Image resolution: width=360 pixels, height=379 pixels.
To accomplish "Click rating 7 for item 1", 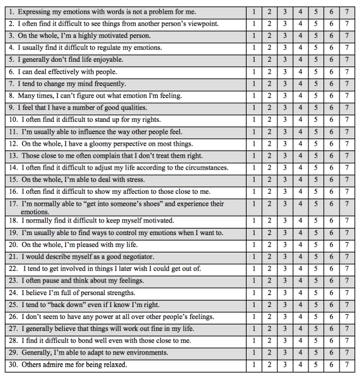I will tap(346, 12).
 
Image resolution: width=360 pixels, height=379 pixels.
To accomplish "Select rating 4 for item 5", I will tap(300, 60).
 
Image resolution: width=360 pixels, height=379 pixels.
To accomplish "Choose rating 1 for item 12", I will tap(254, 144).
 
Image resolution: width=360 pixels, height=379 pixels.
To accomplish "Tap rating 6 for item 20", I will tap(331, 245).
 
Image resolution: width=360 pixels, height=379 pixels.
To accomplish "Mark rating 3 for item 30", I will tap(285, 365).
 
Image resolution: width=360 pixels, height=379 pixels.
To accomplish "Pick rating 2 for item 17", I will tap(269, 204).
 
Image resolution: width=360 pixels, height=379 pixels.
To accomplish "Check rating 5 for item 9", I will tap(316, 108).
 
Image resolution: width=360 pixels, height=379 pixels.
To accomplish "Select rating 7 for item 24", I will tap(346, 293).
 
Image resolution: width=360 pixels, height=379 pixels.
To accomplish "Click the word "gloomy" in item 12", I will tap(107, 144).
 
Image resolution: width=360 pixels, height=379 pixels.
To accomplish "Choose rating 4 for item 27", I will tap(300, 329).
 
